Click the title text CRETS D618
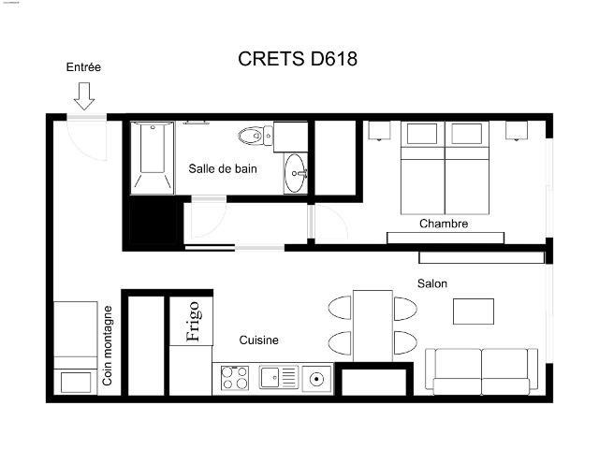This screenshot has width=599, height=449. (298, 60)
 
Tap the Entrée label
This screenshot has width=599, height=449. (83, 67)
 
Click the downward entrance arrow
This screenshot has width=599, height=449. (83, 94)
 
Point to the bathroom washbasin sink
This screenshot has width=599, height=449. (296, 173)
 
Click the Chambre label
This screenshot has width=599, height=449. (444, 224)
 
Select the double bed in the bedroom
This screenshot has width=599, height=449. (446, 168)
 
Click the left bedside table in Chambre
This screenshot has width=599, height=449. (379, 130)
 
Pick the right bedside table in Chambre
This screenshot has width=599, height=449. (518, 130)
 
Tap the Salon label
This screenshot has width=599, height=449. (431, 282)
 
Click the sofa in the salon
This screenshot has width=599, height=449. (481, 370)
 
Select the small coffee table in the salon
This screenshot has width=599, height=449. (474, 311)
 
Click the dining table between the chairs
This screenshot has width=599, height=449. (373, 325)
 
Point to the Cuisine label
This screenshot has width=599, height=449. (258, 340)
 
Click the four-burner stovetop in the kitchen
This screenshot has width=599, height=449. (234, 379)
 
